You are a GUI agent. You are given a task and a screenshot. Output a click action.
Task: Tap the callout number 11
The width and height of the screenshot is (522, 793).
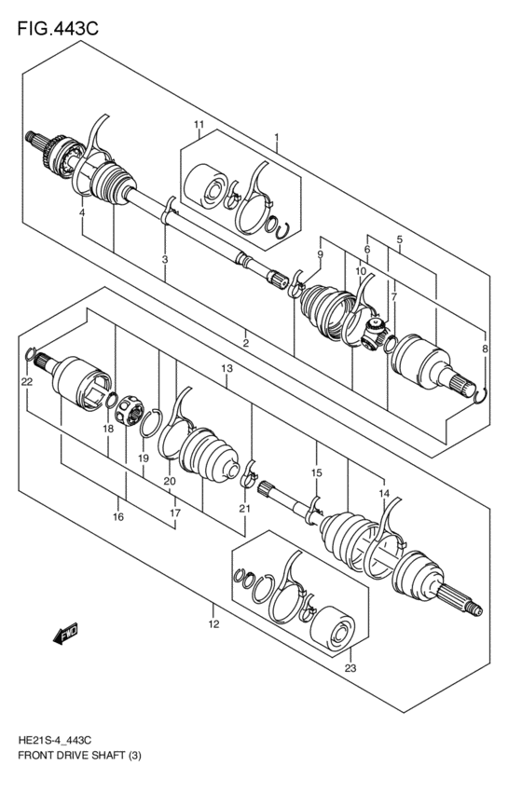click(x=199, y=125)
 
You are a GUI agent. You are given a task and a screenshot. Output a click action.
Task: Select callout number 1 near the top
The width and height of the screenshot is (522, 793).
click(x=276, y=138)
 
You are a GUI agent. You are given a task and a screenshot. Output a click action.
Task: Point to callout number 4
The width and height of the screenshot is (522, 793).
click(x=82, y=213)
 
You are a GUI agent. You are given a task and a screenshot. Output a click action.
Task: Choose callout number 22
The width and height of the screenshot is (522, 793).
click(x=27, y=382)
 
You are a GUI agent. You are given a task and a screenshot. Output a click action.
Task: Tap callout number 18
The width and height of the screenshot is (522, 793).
click(x=109, y=428)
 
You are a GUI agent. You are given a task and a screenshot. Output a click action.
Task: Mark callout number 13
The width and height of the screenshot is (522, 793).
click(x=227, y=370)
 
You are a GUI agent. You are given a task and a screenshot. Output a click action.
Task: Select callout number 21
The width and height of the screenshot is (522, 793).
click(x=244, y=508)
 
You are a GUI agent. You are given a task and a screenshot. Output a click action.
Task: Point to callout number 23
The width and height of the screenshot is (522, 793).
click(x=350, y=668)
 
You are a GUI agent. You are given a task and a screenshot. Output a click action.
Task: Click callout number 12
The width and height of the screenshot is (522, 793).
click(x=213, y=623)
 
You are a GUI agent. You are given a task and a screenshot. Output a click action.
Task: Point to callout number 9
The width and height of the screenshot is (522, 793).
click(x=320, y=254)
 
